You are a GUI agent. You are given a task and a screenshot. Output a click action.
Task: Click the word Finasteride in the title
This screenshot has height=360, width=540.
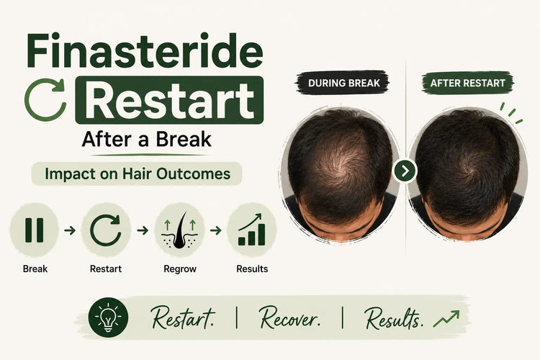coord(145,50)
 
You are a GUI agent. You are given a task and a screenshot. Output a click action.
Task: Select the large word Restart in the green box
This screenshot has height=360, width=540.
coord(169,100)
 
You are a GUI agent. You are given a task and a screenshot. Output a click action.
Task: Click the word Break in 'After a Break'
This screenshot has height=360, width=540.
coord(183,139)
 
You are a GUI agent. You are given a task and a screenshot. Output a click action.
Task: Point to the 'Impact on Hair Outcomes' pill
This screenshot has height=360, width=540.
coord(137,174)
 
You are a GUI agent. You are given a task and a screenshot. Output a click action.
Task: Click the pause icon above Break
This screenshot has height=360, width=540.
coord(35,230)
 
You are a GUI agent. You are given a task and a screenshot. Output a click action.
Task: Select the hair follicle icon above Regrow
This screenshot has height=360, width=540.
coord(180,230)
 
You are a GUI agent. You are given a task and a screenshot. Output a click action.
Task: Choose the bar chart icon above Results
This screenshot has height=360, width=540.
coord(252,230)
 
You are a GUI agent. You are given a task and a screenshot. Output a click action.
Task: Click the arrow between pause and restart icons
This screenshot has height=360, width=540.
coord(70,230)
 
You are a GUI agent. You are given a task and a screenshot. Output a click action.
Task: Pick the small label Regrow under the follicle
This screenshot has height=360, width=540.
coord(180,269)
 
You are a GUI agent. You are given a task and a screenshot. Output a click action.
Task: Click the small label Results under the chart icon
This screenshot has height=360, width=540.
coord(252,269)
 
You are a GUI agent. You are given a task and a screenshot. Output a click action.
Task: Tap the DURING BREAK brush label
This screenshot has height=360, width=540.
coord(343,83)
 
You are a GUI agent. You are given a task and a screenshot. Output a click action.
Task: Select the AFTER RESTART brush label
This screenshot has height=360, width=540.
coord(468,83)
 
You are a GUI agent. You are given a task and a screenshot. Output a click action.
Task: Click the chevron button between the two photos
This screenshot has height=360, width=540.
coord(405,171)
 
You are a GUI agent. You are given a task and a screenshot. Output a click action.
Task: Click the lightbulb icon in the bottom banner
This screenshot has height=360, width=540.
coord(108,318)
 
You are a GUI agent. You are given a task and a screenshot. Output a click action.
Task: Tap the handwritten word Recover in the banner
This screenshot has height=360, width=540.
coord(289,318)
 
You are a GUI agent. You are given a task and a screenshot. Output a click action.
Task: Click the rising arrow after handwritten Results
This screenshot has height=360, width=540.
coord(446,319)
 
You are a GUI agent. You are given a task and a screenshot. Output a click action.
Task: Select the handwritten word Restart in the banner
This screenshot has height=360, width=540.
coord(183,318)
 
